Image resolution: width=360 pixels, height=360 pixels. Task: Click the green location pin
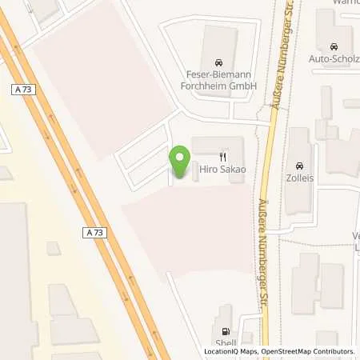(x=181, y=161)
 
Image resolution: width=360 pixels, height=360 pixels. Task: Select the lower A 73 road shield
(x=94, y=232)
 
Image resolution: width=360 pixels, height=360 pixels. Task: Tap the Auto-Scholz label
(x=333, y=58)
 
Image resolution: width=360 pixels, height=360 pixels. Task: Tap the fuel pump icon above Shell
(x=225, y=332)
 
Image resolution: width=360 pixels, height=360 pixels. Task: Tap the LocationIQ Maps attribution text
(x=233, y=352)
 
